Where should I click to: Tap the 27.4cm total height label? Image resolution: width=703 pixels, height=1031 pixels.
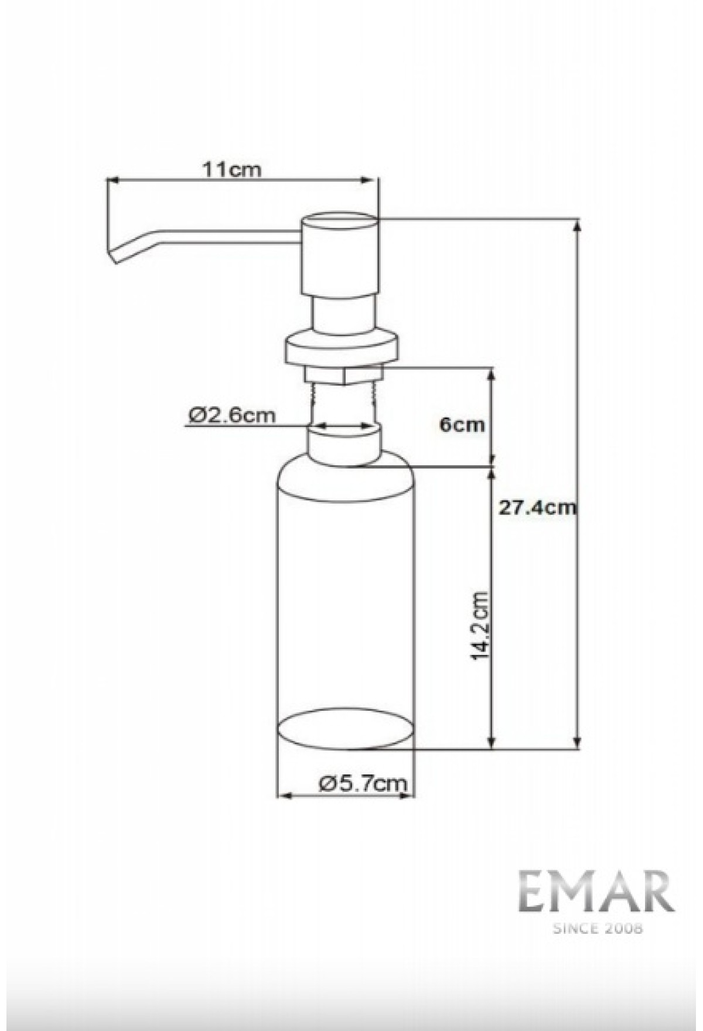(x=537, y=507)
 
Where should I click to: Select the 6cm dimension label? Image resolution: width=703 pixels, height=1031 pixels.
(x=462, y=424)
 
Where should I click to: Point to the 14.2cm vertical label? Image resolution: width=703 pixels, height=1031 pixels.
(x=480, y=626)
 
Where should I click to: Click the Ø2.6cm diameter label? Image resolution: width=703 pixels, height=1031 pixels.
(x=232, y=415)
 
